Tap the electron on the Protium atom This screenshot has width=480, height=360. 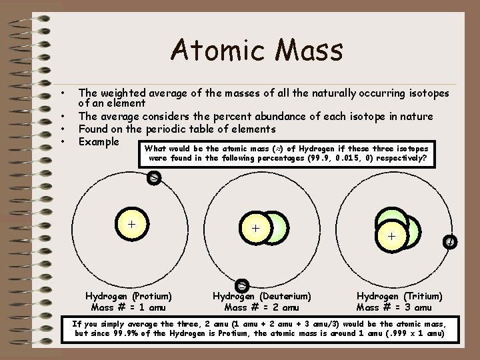pyautogui.click(x=153, y=178)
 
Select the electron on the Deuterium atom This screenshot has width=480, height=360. pyautogui.click(x=243, y=285)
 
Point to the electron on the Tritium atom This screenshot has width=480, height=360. pyautogui.click(x=451, y=242)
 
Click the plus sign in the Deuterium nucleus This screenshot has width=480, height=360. pyautogui.click(x=256, y=228)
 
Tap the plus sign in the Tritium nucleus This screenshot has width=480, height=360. pyautogui.click(x=391, y=235)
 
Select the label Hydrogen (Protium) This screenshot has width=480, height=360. pyautogui.click(x=129, y=296)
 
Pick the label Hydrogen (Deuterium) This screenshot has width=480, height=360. pyautogui.click(x=262, y=296)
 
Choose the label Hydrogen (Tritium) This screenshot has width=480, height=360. pyautogui.click(x=399, y=296)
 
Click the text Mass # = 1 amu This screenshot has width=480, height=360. pyautogui.click(x=129, y=307)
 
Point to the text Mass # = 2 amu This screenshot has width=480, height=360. pyautogui.click(x=262, y=307)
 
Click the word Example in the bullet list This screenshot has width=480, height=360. pyautogui.click(x=99, y=141)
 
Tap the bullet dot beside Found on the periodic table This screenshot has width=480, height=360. pyautogui.click(x=61, y=129)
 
